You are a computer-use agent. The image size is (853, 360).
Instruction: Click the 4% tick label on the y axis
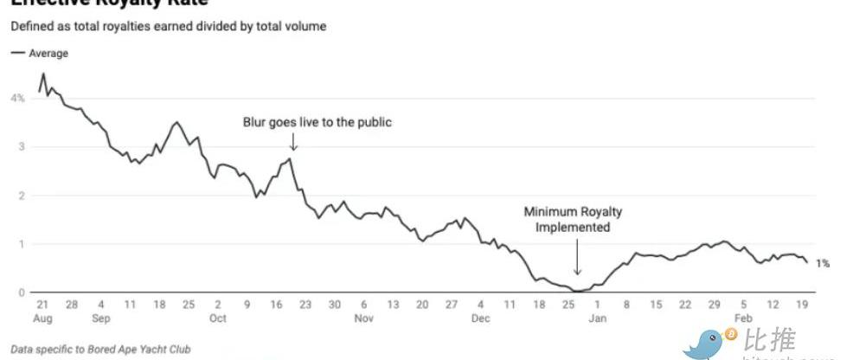tap(17, 99)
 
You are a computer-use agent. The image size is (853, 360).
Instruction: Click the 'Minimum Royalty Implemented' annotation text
tap(573, 220)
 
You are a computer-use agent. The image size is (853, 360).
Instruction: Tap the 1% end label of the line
tap(823, 263)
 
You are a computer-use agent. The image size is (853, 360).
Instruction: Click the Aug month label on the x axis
tap(41, 318)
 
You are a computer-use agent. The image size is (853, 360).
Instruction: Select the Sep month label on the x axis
tap(101, 318)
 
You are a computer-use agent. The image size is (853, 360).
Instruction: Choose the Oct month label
tap(217, 318)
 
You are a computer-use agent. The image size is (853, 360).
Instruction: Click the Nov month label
tap(364, 318)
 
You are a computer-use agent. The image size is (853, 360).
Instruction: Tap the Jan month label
tap(598, 318)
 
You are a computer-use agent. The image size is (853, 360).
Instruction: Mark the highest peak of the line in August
tap(43, 74)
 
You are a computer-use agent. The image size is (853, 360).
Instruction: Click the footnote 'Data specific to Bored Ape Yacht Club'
tap(100, 350)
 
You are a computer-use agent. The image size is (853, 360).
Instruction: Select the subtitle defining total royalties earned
tap(169, 27)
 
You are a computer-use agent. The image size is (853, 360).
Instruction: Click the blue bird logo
tap(706, 344)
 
